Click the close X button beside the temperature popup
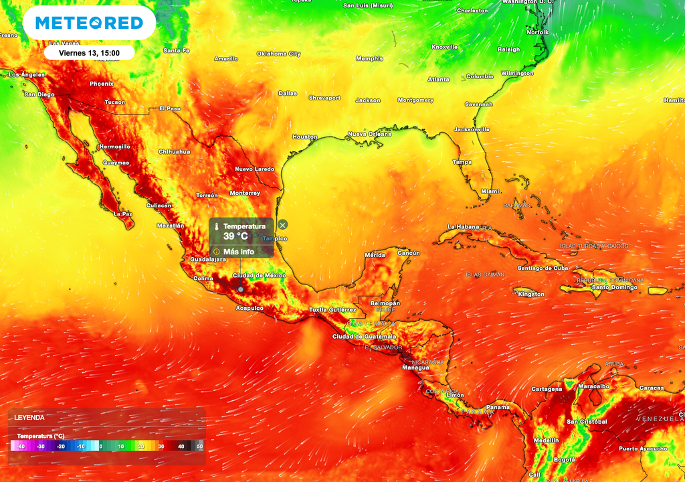point(283,225)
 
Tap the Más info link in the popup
point(238,252)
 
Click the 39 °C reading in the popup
point(235,236)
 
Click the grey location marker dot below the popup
point(241,289)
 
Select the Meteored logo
point(89,23)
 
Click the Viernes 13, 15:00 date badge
point(89,52)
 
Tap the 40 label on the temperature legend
point(181,446)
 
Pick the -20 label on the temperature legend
point(60,446)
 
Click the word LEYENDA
point(29,418)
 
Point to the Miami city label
point(490,191)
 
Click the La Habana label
point(464,226)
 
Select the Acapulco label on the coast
point(250,308)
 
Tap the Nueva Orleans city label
point(369,134)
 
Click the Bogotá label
point(565,460)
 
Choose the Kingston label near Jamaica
point(531,294)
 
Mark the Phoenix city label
point(102,84)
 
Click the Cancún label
point(409,253)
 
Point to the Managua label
point(415,368)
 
